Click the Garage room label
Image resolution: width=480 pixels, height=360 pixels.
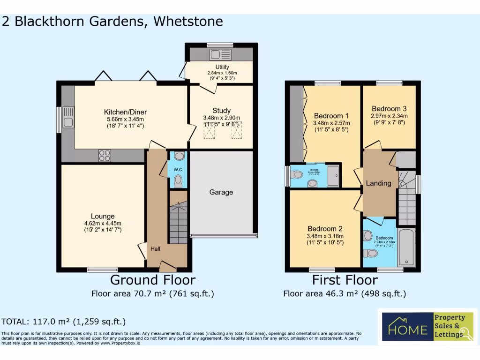tap(221, 192)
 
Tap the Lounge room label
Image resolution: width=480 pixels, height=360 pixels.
tap(103, 216)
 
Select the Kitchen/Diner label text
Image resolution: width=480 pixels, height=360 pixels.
tap(125, 112)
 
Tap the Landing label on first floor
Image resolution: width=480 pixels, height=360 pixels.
tap(378, 183)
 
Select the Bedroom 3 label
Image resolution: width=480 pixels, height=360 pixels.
tap(389, 109)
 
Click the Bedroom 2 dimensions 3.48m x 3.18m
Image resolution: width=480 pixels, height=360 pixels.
tap(325, 236)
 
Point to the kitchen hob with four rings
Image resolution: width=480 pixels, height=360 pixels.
tap(104, 155)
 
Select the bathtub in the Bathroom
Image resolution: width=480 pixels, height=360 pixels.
tap(406, 248)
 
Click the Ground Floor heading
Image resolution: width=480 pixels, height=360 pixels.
tap(152, 280)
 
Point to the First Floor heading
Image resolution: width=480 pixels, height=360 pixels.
tap(345, 280)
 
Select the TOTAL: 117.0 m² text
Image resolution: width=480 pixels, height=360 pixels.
tap(64, 322)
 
